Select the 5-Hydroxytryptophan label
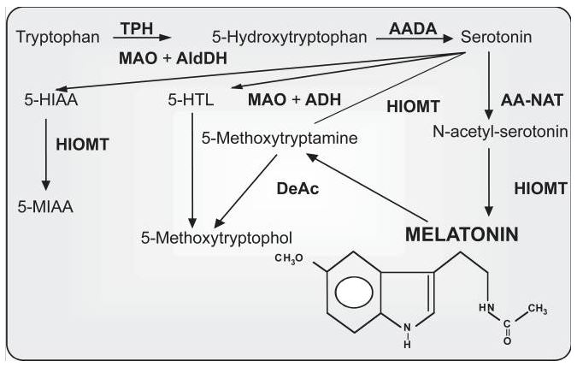coord(290,38)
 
